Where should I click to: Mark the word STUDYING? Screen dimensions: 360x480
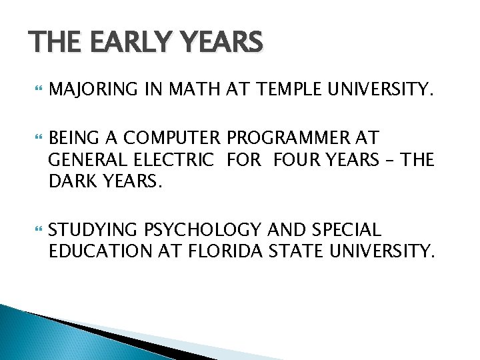[x=93, y=231]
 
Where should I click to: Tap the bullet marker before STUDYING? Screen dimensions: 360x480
[x=35, y=231]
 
